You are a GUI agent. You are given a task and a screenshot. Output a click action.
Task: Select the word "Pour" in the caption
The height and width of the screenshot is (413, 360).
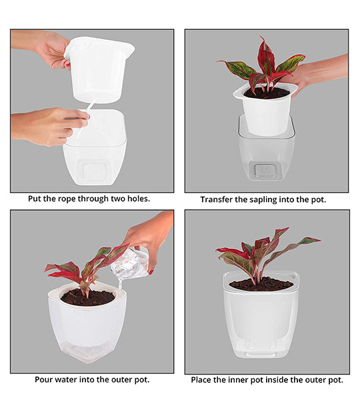click(45, 380)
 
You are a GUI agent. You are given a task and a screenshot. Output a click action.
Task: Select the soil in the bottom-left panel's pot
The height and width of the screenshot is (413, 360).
click(87, 297)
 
